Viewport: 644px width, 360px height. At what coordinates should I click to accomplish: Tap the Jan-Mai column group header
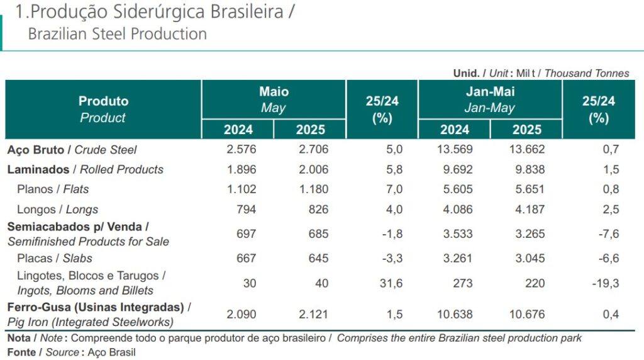coord(490,99)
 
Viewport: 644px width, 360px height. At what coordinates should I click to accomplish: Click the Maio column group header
coord(274,99)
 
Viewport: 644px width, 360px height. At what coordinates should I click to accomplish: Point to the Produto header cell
coord(103,109)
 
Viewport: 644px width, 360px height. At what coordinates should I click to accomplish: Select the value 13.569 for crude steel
coord(454,150)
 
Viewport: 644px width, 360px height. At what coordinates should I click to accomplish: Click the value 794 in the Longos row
coord(246,210)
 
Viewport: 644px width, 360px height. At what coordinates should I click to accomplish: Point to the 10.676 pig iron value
coord(526,314)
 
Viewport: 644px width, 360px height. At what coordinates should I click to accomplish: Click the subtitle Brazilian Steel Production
coord(117,34)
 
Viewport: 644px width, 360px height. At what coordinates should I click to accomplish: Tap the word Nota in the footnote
coord(19,338)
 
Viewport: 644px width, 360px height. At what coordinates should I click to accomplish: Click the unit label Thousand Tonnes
coord(586,73)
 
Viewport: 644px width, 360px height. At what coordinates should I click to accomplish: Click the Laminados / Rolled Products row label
coord(86,169)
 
